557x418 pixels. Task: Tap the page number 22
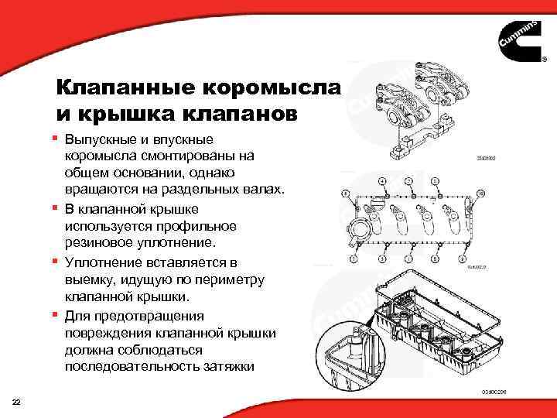pyautogui.click(x=17, y=401)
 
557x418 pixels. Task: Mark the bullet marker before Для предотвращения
pyautogui.click(x=56, y=314)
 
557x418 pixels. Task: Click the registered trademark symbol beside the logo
pyautogui.click(x=544, y=67)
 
